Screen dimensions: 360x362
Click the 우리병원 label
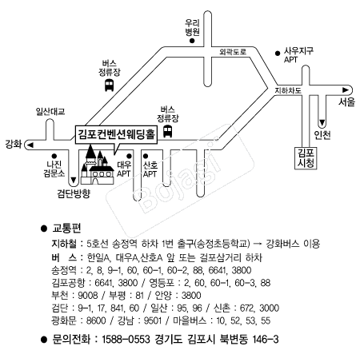tap(192, 27)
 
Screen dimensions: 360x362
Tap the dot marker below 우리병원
tap(192, 41)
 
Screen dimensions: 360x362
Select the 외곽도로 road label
tap(233, 52)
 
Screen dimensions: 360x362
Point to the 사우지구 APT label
tap(298, 55)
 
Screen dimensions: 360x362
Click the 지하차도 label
tap(288, 90)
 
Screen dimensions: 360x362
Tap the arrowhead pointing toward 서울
tap(346, 90)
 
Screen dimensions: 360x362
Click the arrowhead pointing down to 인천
tap(322, 123)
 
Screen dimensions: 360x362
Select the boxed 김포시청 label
tap(306, 158)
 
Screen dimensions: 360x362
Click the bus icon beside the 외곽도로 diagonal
tap(109, 85)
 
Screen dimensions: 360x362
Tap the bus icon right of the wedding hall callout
tap(167, 131)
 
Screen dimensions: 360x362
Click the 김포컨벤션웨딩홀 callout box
tap(116, 134)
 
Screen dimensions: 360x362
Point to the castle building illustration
tap(98, 165)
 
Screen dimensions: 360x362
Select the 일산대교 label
tap(50, 111)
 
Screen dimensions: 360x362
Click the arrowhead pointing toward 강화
tap(30, 145)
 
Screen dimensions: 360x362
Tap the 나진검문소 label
tap(54, 169)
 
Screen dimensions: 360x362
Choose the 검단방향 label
tap(74, 193)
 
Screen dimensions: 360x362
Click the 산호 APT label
tap(150, 169)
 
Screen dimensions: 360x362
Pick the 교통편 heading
tap(66, 229)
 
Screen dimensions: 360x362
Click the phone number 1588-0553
tap(126, 340)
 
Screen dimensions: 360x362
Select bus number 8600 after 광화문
tap(96, 320)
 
